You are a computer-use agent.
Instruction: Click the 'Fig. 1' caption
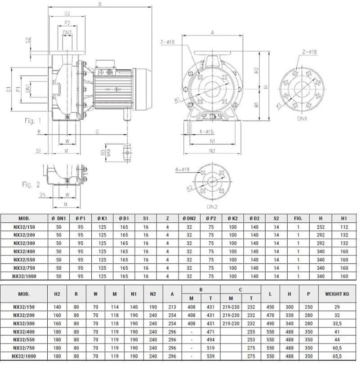33,121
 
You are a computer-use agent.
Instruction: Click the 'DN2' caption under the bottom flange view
212,207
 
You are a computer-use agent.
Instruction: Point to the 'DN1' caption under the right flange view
302,119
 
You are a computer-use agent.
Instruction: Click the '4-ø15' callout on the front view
207,131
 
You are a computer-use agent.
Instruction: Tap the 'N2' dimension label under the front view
212,150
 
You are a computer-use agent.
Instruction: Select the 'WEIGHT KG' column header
337,294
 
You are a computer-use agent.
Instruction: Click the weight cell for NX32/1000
337,356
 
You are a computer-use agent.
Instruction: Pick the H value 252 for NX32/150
320,227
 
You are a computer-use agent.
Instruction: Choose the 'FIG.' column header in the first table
298,218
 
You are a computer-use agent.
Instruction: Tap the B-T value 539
211,356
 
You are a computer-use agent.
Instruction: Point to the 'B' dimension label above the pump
100,4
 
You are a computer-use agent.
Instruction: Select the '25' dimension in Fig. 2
43,195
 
